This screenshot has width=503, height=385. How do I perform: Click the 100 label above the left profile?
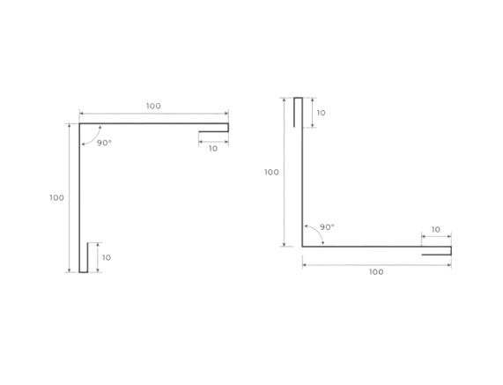point(153,106)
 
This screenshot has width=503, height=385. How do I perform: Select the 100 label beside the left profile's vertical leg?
point(56,197)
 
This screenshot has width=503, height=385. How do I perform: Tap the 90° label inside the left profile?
point(104,143)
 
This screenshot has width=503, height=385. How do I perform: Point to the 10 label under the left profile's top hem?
point(213,149)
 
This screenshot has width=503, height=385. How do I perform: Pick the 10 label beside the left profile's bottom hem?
point(107,257)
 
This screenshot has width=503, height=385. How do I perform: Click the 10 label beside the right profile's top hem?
point(321,113)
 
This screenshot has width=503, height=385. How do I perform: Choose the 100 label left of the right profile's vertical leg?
point(271,173)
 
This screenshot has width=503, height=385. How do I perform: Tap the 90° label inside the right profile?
point(327,227)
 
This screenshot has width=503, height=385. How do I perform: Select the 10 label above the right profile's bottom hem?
point(436,230)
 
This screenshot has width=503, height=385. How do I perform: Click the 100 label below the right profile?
point(376,272)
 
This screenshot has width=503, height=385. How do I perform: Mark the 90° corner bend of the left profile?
point(79,123)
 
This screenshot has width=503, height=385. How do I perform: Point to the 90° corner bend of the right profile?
point(302,247)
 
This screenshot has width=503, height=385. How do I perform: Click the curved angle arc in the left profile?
point(94,139)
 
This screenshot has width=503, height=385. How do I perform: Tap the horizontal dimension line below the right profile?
point(377,265)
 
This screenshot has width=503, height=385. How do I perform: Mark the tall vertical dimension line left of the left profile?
point(70,198)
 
